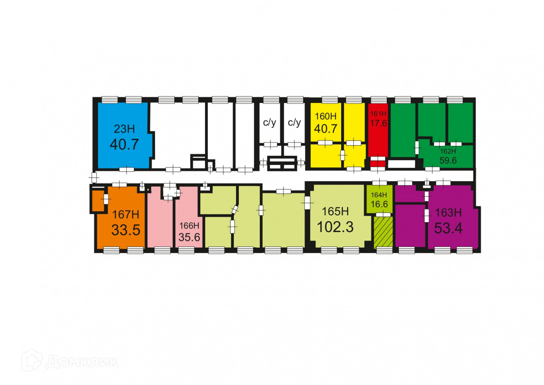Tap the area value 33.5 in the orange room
click(x=125, y=230)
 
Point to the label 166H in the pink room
click(x=189, y=226)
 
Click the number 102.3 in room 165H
click(x=335, y=227)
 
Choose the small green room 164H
click(x=379, y=199)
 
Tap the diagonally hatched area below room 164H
click(x=383, y=232)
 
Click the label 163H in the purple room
click(x=448, y=213)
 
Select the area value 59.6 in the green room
click(x=448, y=160)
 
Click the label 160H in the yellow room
click(x=325, y=116)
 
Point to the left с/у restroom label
click(x=270, y=123)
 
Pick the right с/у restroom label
click(x=294, y=123)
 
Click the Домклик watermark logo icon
click(x=32, y=360)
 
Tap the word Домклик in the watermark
click(x=82, y=362)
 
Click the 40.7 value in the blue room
click(x=124, y=144)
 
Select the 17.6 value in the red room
click(x=378, y=123)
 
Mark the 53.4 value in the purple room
click(x=448, y=229)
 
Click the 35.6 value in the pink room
click(x=189, y=237)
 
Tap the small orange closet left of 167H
click(x=97, y=201)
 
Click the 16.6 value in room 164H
click(x=379, y=204)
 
